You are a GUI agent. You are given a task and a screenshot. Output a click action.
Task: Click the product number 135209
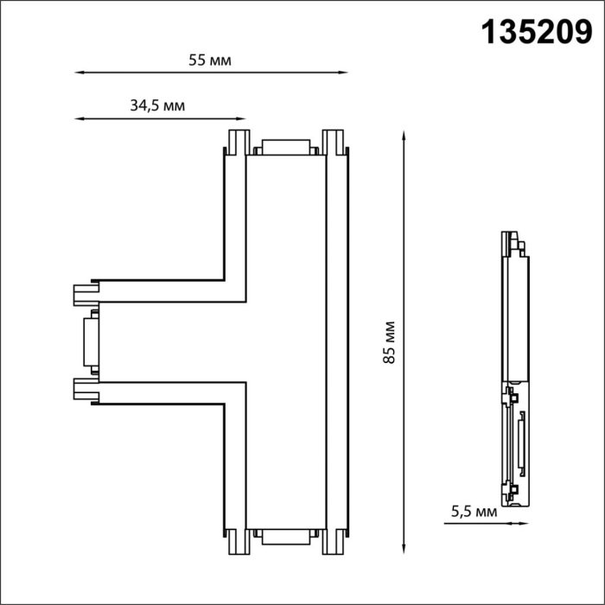point(537,33)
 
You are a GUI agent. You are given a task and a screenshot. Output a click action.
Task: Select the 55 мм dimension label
point(210,60)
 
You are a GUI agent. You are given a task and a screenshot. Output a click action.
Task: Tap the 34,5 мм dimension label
point(157,105)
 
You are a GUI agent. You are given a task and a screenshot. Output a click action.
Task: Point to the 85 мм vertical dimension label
point(389,342)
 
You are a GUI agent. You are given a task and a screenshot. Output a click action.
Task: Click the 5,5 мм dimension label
point(474,512)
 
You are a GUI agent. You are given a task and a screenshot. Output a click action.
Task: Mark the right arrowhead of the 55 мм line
point(343,72)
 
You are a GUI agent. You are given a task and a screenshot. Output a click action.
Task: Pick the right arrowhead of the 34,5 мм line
point(241,119)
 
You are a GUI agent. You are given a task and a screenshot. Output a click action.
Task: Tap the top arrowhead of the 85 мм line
point(404,137)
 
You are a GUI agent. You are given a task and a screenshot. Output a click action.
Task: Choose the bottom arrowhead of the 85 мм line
point(404,548)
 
